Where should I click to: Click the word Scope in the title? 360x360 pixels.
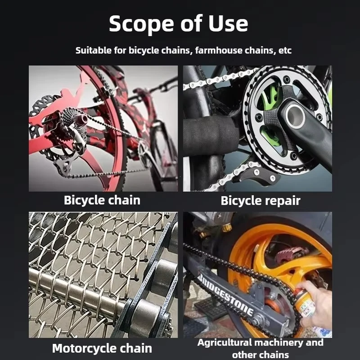coord(141,24)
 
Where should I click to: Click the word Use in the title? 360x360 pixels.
coord(228,24)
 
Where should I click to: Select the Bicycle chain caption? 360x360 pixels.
coord(102,200)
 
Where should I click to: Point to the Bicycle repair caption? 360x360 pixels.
coord(261,201)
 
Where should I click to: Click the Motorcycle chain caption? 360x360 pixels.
coord(102,348)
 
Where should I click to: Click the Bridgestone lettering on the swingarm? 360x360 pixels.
coord(225,295)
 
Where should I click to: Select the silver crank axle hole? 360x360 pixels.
coord(295,116)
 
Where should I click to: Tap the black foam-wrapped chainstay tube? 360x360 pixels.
coord(210,135)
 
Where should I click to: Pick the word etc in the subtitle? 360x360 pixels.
coord(285,50)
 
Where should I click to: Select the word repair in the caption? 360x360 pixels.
coord(283,201)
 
